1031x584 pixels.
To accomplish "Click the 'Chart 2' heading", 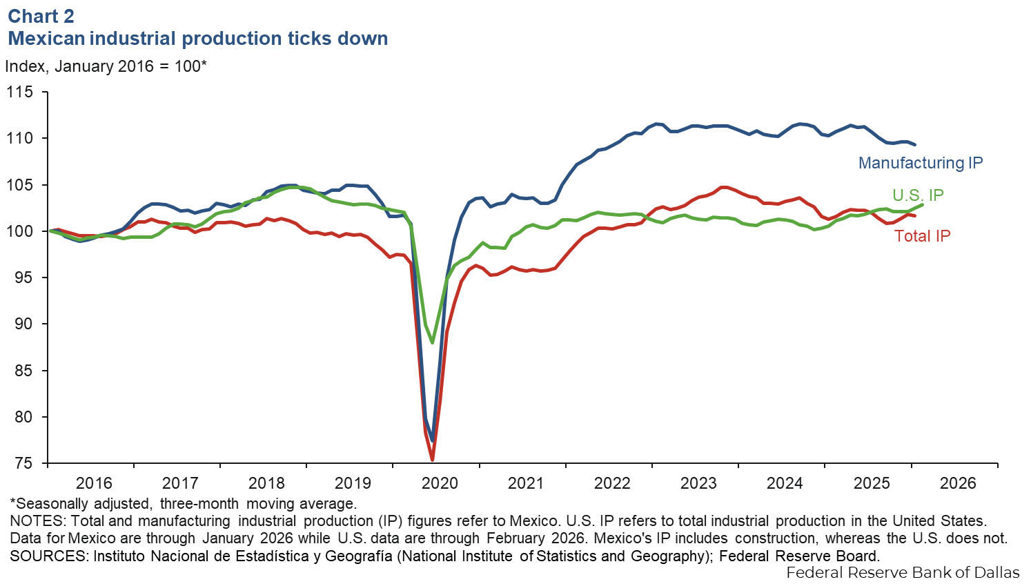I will (x=41, y=16).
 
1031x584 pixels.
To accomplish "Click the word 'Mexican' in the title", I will (x=46, y=39).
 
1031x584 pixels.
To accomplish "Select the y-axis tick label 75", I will (x=23, y=463).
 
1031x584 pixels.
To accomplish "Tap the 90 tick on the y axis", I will (x=23, y=324).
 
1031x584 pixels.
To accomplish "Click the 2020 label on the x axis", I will (x=440, y=483).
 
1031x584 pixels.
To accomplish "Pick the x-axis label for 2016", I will (x=94, y=483).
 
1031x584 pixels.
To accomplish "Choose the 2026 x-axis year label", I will (x=958, y=483).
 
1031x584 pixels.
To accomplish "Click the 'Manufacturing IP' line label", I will (x=920, y=163).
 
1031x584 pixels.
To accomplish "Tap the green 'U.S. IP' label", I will (x=918, y=195).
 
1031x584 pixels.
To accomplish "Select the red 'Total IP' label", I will (x=922, y=236).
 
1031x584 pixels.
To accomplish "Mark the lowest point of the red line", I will (x=433, y=460).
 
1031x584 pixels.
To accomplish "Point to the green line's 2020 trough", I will (x=433, y=342).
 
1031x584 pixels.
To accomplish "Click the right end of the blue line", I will (x=915, y=144).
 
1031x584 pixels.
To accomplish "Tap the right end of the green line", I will (x=923, y=204).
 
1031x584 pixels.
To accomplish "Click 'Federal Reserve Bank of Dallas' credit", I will (x=903, y=572).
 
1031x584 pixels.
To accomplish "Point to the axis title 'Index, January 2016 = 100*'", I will (x=106, y=66).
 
